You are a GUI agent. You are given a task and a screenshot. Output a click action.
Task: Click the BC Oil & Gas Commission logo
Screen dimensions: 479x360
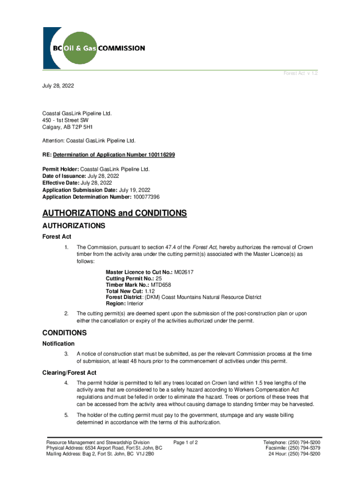pos(94,48)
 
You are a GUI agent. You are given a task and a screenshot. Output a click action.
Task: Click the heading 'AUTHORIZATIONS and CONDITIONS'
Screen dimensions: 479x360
pos(115,214)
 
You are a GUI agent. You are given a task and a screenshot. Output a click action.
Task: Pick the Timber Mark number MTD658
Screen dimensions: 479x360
pos(161,284)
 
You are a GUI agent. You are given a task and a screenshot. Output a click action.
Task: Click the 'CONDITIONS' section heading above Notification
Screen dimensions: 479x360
pos(65,333)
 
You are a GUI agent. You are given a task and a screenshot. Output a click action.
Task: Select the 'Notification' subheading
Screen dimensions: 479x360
pos(58,344)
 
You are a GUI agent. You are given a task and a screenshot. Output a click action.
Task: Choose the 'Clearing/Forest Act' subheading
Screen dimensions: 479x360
pos(69,373)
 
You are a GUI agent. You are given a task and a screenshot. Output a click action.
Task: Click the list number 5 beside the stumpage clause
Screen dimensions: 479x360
pos(66,414)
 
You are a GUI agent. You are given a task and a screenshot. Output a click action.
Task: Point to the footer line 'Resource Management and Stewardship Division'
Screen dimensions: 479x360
pos(98,442)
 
